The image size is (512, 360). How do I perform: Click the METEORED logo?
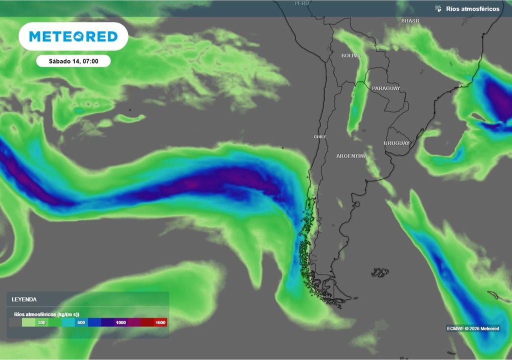pyautogui.click(x=73, y=36)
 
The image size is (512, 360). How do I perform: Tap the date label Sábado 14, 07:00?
pyautogui.click(x=73, y=61)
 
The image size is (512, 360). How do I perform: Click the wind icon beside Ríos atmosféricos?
pyautogui.click(x=438, y=8)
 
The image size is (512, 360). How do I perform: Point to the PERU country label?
pyautogui.click(x=301, y=3)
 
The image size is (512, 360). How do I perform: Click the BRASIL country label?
pyautogui.click(x=411, y=21)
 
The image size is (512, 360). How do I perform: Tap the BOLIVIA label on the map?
pyautogui.click(x=351, y=55)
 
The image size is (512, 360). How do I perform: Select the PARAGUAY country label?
pyautogui.click(x=386, y=88)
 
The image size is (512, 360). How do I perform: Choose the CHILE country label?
pyautogui.click(x=319, y=136)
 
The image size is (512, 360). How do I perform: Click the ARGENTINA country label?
pyautogui.click(x=351, y=156)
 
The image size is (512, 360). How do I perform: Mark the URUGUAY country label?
pyautogui.click(x=396, y=143)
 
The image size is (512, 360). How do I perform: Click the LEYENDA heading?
pyautogui.click(x=24, y=299)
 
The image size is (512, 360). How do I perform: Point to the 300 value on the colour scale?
pyautogui.click(x=41, y=323)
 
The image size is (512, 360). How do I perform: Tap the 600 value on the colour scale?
pyautogui.click(x=80, y=323)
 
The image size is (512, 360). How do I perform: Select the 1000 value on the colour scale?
pyautogui.click(x=120, y=323)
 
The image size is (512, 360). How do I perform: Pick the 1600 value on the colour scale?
pyautogui.click(x=159, y=323)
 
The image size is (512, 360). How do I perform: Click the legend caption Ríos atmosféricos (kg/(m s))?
pyautogui.click(x=45, y=314)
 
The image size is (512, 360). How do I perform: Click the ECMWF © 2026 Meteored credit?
pyautogui.click(x=472, y=328)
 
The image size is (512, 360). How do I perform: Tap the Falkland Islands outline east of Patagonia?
pyautogui.click(x=380, y=272)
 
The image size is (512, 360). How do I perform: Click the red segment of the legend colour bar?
pyautogui.click(x=154, y=323)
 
